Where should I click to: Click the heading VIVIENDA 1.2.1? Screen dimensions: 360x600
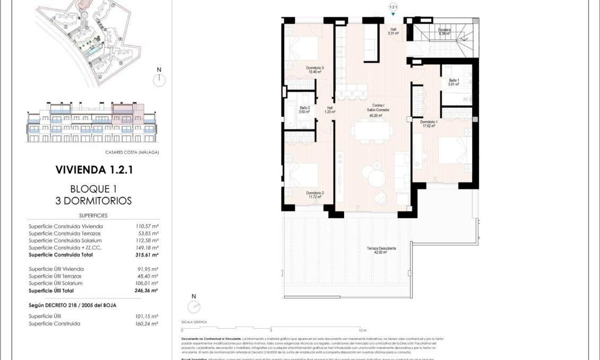(x=93, y=170)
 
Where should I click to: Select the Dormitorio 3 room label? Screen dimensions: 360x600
(x=315, y=68)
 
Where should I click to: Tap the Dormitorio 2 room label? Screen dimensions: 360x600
(x=315, y=194)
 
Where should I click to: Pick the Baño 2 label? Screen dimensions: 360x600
(x=304, y=110)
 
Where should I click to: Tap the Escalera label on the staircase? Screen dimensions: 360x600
(x=444, y=31)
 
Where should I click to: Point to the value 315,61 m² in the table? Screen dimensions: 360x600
(x=147, y=255)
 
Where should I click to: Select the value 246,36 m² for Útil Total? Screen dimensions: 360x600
(x=147, y=291)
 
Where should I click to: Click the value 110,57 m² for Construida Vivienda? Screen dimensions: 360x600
(x=147, y=226)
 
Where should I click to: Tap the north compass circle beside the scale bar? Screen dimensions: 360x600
(x=194, y=307)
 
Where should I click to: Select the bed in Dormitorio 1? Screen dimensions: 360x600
(x=455, y=151)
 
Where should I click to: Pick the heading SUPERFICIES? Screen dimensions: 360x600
(x=93, y=216)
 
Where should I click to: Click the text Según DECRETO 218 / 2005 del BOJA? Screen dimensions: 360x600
(x=72, y=305)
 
